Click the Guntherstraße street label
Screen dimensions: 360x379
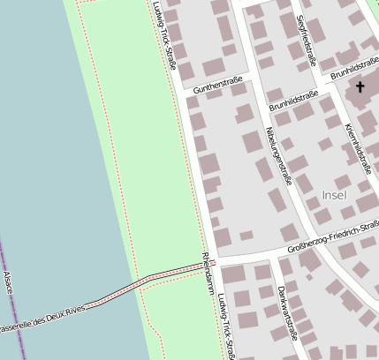[x=218, y=84]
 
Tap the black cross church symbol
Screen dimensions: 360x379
[x=360, y=86]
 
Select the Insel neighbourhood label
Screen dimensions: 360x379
[x=335, y=194]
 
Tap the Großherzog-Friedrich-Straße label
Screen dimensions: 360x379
[x=334, y=241]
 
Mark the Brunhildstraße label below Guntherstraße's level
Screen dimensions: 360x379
[x=295, y=103]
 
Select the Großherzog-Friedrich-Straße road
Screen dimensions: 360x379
[x=265, y=254]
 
